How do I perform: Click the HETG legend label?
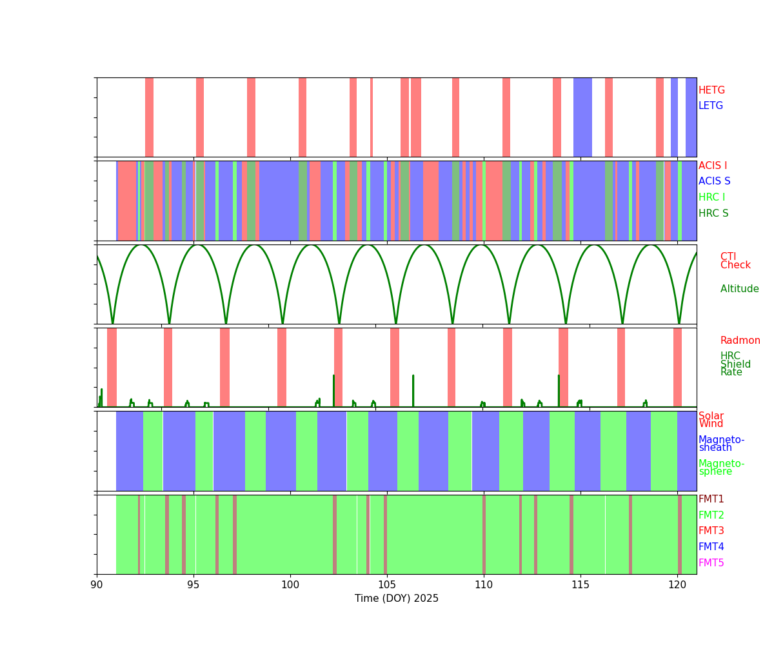click(711, 90)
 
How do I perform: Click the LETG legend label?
click(711, 106)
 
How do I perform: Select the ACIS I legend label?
click(713, 166)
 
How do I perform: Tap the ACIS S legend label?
click(714, 182)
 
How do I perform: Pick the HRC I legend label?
click(711, 197)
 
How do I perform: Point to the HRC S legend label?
click(713, 213)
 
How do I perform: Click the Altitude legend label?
click(739, 289)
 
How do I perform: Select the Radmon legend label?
click(740, 341)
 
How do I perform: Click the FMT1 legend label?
click(711, 499)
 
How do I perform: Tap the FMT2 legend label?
click(711, 515)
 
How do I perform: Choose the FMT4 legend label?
click(711, 547)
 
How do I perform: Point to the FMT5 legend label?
click(711, 563)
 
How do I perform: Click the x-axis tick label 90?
click(97, 584)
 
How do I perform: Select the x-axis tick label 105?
click(387, 584)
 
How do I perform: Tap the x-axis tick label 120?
click(677, 584)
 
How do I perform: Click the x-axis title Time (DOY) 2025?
click(397, 599)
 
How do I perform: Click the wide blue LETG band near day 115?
click(582, 117)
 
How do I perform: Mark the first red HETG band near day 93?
click(149, 117)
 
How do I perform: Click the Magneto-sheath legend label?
click(721, 444)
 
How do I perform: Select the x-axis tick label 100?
click(290, 584)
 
